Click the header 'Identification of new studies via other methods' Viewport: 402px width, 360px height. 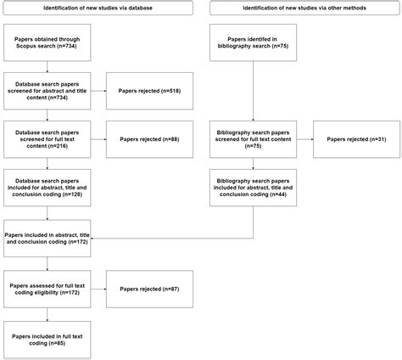click(x=302, y=8)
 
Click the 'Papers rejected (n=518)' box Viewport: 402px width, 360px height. click(x=150, y=89)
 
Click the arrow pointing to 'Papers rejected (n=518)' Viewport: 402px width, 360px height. click(x=99, y=89)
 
